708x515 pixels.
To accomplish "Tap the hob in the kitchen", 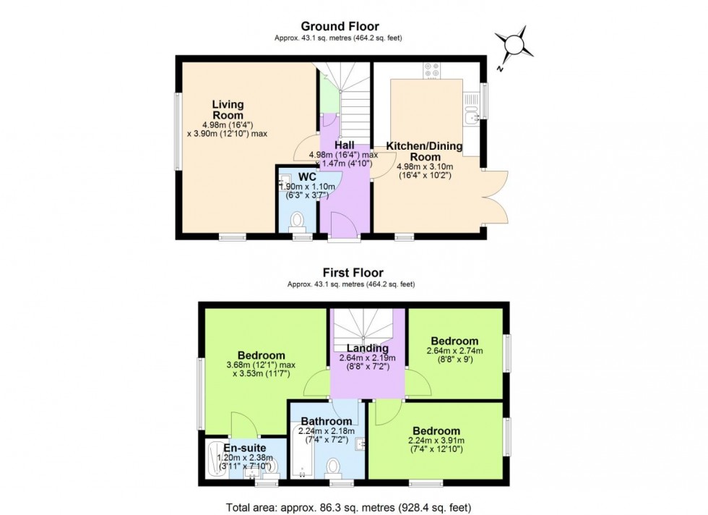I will point(431,70).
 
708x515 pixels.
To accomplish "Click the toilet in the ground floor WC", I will point(297,219).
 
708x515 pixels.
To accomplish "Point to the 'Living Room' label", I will point(228,110).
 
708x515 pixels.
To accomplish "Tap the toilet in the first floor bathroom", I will point(334,465).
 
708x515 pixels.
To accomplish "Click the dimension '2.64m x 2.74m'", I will point(454,352).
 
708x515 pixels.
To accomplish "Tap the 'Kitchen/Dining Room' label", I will point(424,151).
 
